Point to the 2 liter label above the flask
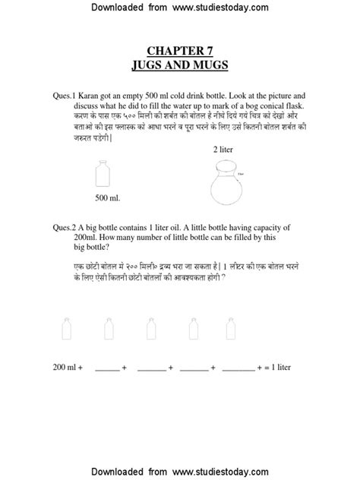coord(225,150)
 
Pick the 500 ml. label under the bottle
coord(108,199)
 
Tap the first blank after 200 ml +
coord(108,368)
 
